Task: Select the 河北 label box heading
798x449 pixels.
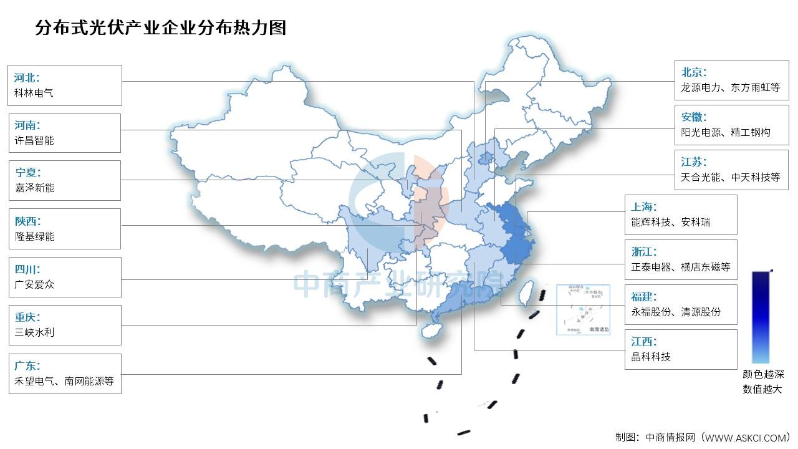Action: click(x=27, y=78)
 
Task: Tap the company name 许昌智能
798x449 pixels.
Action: click(x=34, y=141)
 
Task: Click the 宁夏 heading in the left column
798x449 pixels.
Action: click(x=27, y=173)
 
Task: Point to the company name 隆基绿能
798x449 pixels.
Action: click(x=34, y=236)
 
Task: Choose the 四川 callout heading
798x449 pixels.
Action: click(x=27, y=269)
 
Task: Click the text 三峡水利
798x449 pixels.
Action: click(x=34, y=332)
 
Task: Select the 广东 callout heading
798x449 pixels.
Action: click(x=27, y=366)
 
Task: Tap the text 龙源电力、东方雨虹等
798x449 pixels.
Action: click(x=730, y=88)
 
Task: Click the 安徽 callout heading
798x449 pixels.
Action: click(x=694, y=117)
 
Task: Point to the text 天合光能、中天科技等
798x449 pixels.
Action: click(x=730, y=177)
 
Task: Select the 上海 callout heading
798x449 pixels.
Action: click(x=644, y=207)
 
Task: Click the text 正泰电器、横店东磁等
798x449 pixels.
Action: click(x=680, y=267)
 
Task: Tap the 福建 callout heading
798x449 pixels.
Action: click(x=644, y=297)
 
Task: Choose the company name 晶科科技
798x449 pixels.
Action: click(x=651, y=357)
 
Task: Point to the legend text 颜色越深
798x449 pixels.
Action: click(x=762, y=375)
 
